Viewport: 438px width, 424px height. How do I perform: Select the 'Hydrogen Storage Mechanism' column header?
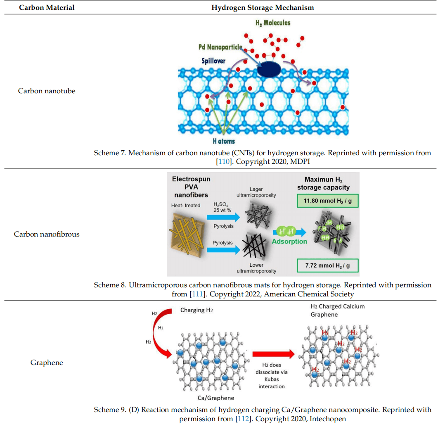tap(263, 8)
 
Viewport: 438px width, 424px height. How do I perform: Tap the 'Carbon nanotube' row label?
tap(47, 91)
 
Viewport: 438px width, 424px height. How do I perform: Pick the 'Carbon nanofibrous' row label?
tap(47, 234)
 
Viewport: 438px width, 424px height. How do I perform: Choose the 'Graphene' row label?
tap(47, 362)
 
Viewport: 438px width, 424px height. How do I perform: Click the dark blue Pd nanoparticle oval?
tap(269, 69)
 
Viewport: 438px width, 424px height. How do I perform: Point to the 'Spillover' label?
tap(214, 61)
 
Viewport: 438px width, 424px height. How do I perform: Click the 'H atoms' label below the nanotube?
tap(225, 141)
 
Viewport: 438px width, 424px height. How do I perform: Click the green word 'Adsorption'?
tap(289, 241)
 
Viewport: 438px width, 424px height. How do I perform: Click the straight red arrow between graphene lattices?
tap(273, 354)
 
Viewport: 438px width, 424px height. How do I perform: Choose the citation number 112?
tap(241, 419)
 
